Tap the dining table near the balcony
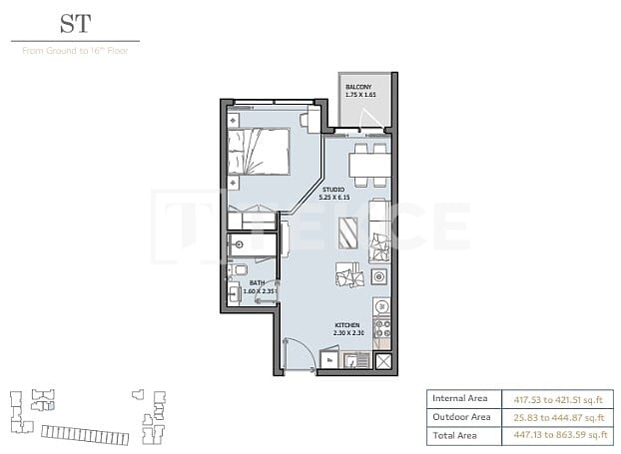point(367,165)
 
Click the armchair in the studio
point(349,274)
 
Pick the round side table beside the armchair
point(378,276)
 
